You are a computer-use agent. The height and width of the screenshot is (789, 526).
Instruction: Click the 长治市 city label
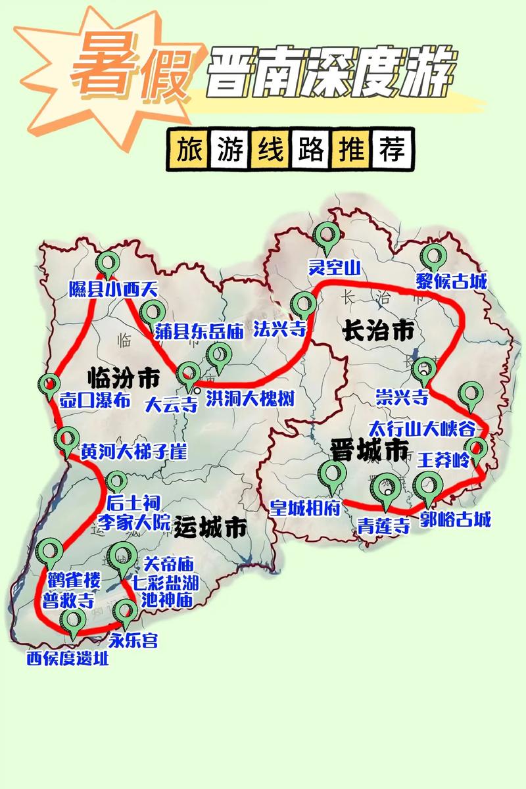coord(378,330)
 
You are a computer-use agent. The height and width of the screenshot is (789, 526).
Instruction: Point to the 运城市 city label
coord(212,528)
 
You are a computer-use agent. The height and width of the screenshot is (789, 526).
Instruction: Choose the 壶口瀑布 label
coord(95,400)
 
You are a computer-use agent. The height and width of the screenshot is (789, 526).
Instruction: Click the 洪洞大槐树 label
coord(250,398)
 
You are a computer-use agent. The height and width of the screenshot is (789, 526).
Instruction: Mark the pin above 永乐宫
coord(124,613)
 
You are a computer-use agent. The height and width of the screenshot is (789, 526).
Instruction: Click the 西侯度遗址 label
coord(68,658)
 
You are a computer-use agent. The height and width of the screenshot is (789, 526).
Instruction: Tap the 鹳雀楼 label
coord(74,580)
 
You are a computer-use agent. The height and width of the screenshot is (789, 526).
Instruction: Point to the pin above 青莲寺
coord(385,488)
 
